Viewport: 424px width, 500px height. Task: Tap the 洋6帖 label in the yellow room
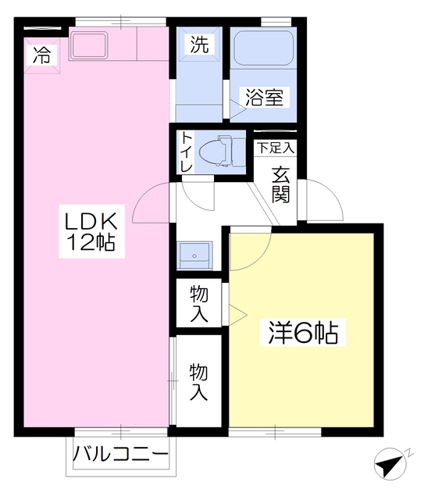[x=303, y=334]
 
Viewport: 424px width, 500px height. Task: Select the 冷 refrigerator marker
[x=43, y=55]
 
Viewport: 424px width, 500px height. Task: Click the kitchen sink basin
[x=92, y=45]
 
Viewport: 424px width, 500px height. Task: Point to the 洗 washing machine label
[x=199, y=45]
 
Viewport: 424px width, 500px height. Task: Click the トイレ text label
[x=187, y=153]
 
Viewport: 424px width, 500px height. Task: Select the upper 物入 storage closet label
[x=198, y=304]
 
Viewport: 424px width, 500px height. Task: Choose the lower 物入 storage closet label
[x=198, y=381]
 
